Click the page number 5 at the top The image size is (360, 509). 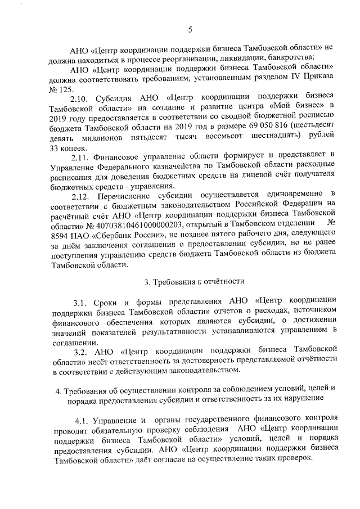[190, 29]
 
